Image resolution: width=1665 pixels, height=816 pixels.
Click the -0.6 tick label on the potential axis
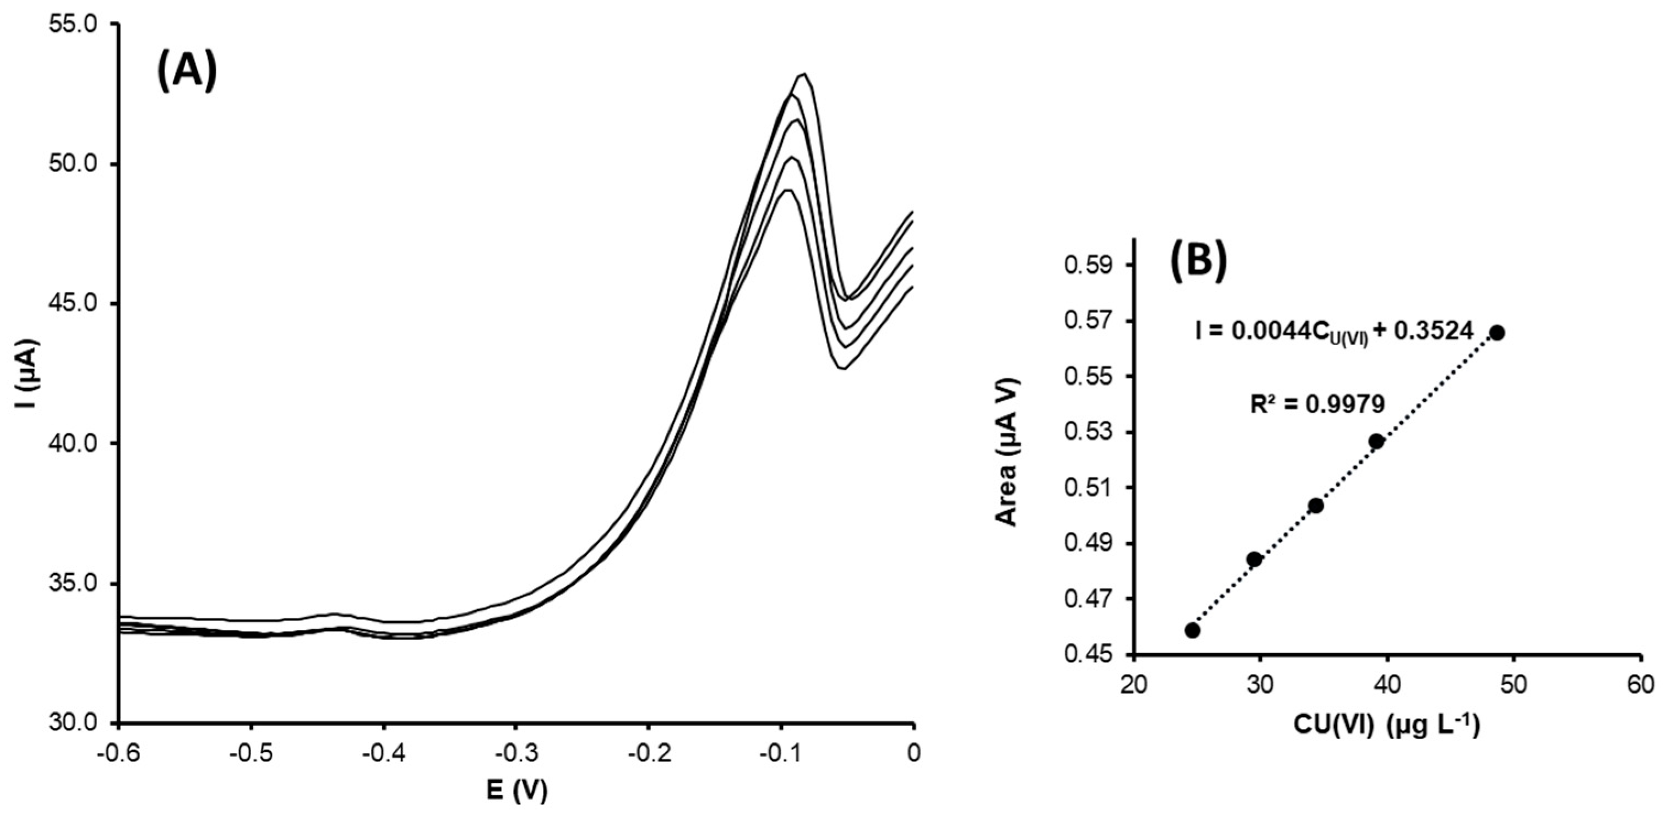tap(118, 753)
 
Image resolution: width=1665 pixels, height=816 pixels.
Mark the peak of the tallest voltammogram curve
tap(803, 75)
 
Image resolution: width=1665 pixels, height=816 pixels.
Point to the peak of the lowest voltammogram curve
tap(787, 190)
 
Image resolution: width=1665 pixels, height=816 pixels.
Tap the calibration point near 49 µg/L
tap(1497, 333)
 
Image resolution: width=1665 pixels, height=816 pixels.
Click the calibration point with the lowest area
tap(1193, 630)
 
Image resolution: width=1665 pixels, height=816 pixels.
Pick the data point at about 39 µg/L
tap(1376, 441)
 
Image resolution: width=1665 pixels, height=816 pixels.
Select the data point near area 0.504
tap(1315, 506)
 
